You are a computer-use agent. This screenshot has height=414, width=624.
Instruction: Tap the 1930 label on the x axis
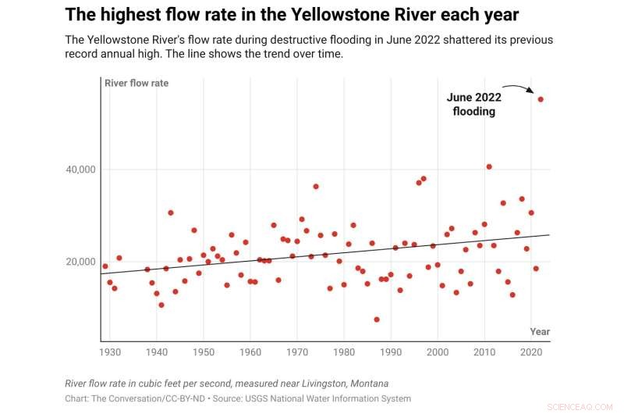point(110,352)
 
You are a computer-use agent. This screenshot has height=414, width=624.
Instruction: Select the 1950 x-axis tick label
point(204,352)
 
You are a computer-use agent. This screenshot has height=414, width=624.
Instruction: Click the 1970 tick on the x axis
point(297,352)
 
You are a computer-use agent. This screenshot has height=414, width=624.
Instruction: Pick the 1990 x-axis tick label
point(391,352)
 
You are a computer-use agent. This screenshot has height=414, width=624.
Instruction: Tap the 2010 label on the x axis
point(484,352)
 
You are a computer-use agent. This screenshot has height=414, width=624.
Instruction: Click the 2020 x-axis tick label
point(531,352)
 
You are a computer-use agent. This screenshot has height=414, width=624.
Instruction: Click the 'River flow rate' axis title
point(136,83)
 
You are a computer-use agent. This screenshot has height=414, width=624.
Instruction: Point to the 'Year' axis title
point(540,332)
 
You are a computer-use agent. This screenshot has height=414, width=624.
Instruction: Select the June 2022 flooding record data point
point(541,99)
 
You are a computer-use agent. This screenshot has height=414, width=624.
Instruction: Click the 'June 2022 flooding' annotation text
point(474,105)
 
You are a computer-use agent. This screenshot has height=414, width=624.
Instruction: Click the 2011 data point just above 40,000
point(489,166)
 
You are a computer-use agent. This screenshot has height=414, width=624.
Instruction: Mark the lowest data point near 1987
point(377,319)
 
